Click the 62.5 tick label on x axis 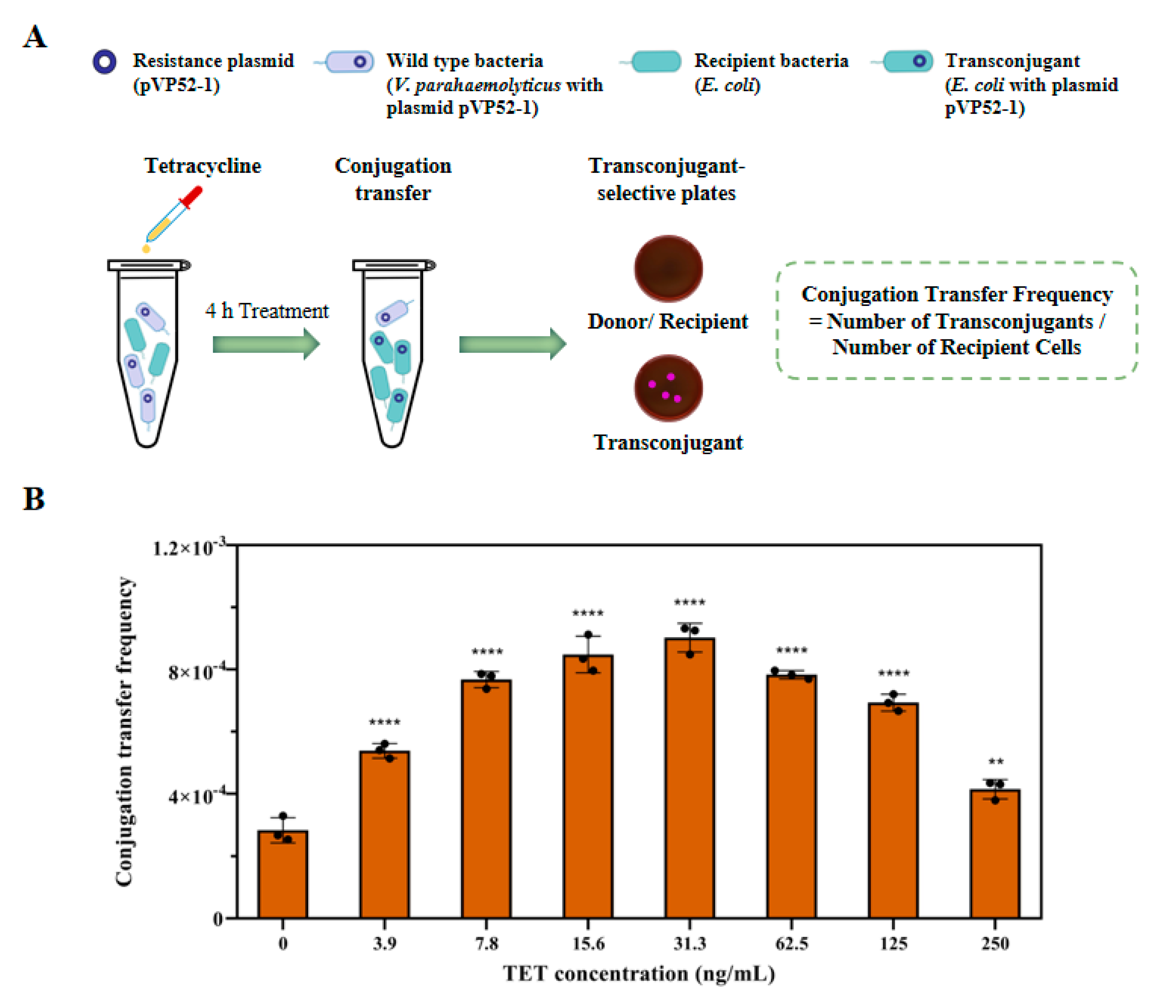[x=791, y=944]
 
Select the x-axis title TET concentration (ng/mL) [x=639, y=973]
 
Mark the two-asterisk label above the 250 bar [x=995, y=761]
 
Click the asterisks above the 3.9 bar [x=385, y=722]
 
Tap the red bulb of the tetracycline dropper [x=192, y=197]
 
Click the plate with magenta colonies [x=668, y=388]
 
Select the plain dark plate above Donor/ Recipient [x=668, y=268]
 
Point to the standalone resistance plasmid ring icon [x=104, y=61]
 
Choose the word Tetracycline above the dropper [x=203, y=166]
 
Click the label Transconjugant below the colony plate [x=668, y=443]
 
